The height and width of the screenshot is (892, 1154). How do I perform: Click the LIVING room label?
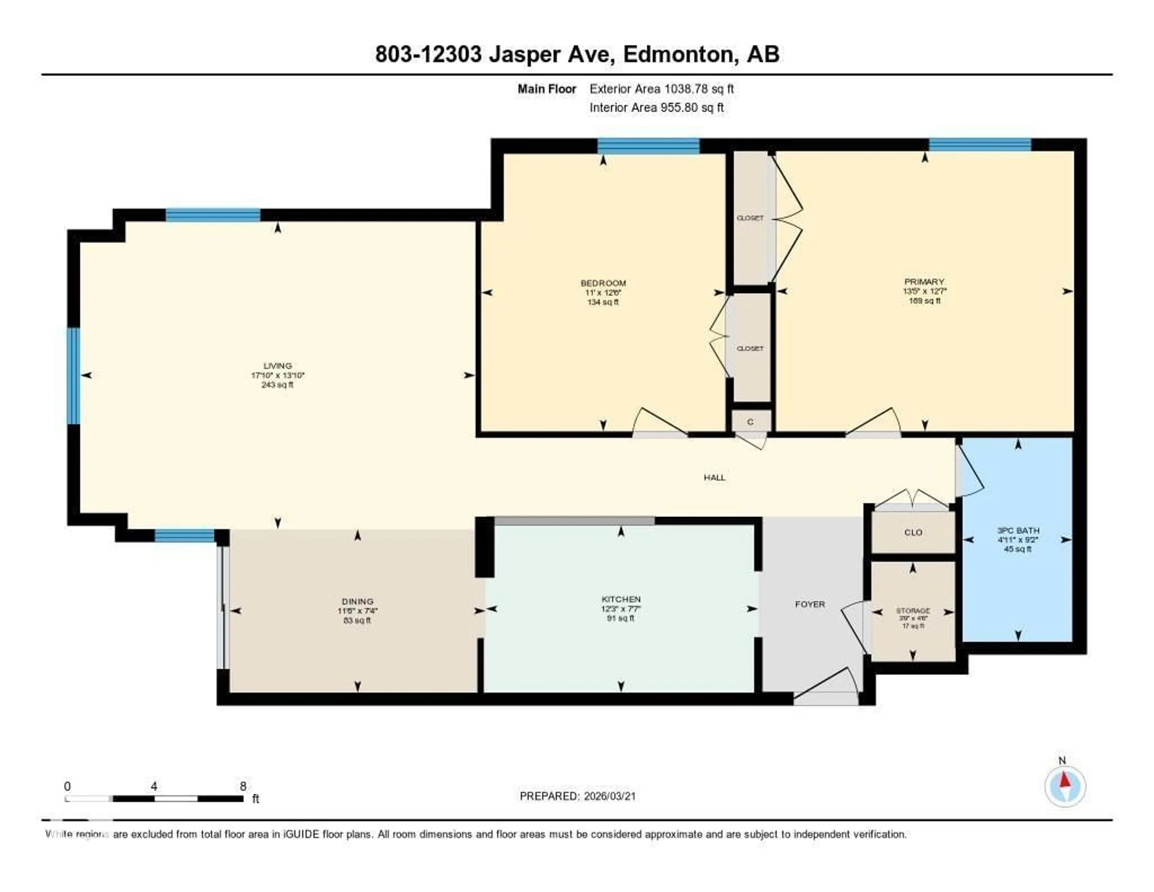point(277,365)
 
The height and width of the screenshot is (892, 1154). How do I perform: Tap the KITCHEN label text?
point(621,599)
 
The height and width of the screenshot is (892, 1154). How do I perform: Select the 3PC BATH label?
point(1018,530)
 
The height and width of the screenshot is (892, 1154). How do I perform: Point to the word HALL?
point(714,478)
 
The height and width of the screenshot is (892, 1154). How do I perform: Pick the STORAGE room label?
point(912,610)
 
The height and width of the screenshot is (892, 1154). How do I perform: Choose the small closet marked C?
point(750,422)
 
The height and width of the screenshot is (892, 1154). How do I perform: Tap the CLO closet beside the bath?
point(913,532)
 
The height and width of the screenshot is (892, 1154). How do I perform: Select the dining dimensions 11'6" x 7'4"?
point(358,611)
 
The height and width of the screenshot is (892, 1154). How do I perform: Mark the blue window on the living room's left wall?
point(73,376)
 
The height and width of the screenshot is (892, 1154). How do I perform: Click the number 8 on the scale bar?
point(243,786)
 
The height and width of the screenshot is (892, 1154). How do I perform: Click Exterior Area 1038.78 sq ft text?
point(661,89)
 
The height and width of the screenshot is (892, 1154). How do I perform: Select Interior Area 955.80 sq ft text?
point(656,107)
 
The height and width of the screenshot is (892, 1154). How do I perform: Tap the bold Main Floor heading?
point(546,89)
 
